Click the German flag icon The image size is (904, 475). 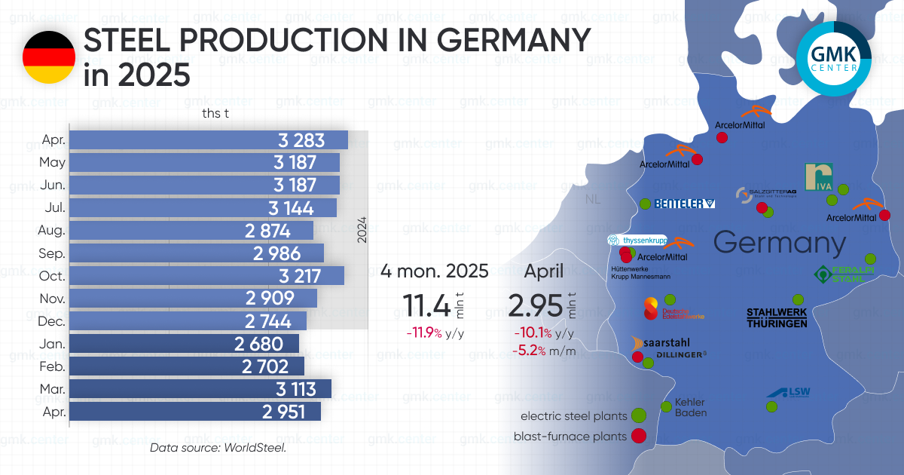click(x=48, y=57)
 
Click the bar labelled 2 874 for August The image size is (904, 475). click(x=191, y=231)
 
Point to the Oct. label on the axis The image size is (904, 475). click(x=53, y=276)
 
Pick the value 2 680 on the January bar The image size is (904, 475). click(x=258, y=344)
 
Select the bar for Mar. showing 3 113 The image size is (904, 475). click(x=200, y=389)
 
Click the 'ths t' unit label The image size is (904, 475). click(x=215, y=114)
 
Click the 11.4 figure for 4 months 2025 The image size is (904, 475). click(x=426, y=306)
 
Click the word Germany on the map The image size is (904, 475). click(x=780, y=244)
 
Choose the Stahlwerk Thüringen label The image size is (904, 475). click(x=777, y=317)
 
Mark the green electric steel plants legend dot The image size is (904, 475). click(x=639, y=415)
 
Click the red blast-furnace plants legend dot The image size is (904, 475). click(x=639, y=435)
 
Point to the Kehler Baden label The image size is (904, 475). click(x=691, y=407)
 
